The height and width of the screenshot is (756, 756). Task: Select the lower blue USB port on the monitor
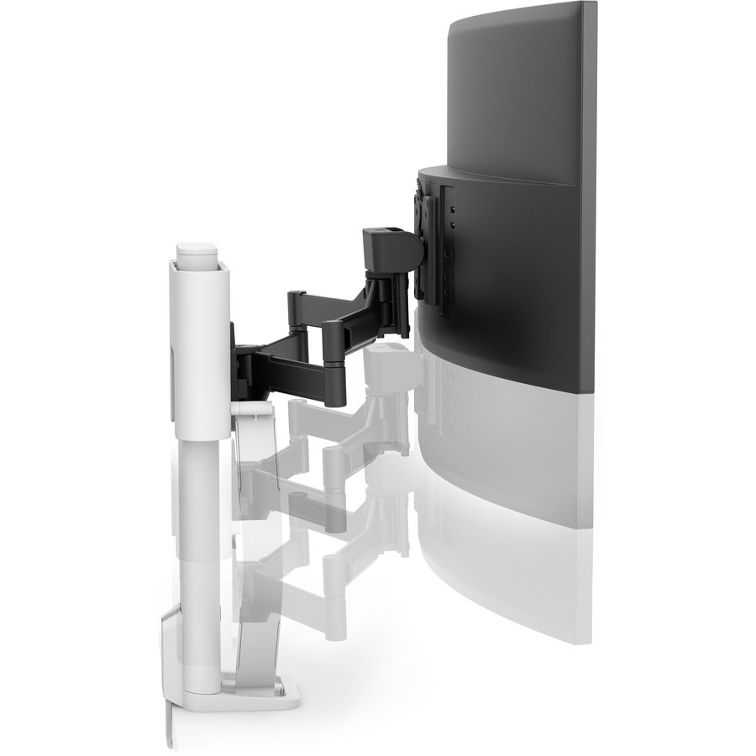click(x=453, y=226)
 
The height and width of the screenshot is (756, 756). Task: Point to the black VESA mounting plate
click(x=426, y=244)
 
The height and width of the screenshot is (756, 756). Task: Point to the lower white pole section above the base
click(x=202, y=538)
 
